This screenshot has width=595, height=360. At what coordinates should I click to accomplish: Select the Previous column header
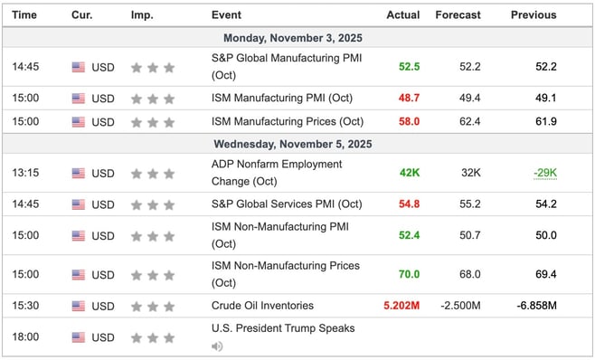click(x=534, y=15)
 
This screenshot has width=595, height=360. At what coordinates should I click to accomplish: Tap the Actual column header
click(x=403, y=15)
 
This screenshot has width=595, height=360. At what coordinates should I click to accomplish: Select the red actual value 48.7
click(x=409, y=98)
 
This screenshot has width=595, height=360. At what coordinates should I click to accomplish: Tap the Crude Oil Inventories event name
click(x=263, y=306)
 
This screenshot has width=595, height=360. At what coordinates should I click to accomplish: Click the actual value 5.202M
click(x=401, y=306)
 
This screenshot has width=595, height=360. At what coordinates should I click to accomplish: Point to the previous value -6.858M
click(x=537, y=306)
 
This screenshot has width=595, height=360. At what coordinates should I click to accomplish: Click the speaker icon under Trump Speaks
click(x=217, y=346)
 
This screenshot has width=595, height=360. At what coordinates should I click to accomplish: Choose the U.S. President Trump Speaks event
click(x=282, y=328)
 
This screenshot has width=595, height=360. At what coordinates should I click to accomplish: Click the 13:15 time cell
click(x=25, y=172)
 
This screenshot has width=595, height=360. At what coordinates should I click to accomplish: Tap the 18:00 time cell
click(x=25, y=337)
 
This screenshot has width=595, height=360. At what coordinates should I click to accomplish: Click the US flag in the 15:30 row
click(x=79, y=306)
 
